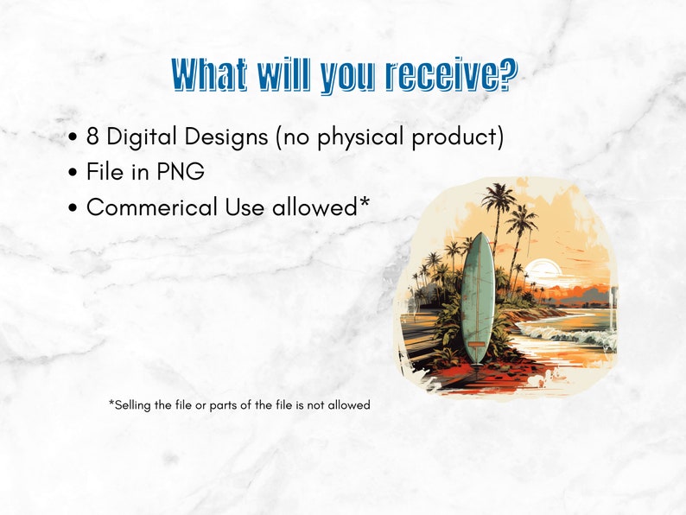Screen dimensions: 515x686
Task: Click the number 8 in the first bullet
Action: pos(93,137)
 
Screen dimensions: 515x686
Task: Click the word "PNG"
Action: pos(180,172)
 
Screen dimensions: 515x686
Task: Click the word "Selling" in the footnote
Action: pos(136,404)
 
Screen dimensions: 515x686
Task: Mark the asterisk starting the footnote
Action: pos(111,403)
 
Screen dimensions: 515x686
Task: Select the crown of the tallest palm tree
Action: pos(499,197)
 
